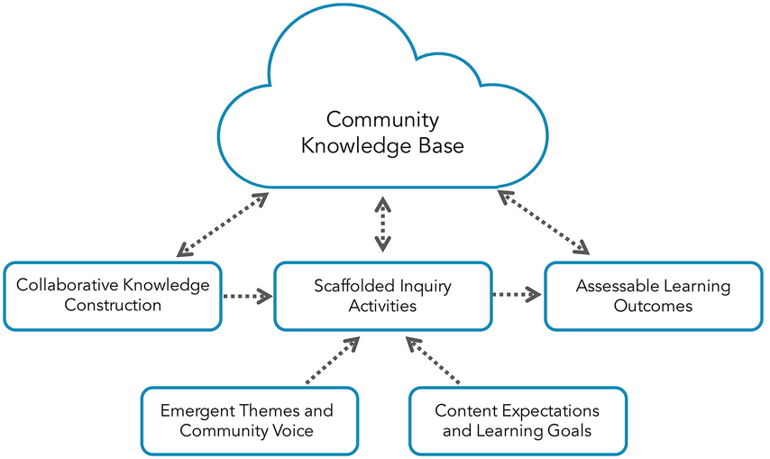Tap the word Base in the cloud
442,146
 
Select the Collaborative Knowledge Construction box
113,296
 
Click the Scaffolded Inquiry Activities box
383,296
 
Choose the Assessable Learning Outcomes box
654,296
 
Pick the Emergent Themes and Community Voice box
250,421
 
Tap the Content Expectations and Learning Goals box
518,421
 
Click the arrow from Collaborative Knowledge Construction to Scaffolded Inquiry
247,296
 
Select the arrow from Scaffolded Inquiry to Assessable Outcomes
517,295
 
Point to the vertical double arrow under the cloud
383,224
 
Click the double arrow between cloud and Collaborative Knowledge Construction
223,225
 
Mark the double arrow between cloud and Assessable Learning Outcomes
543,223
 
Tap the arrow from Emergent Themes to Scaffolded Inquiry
333,360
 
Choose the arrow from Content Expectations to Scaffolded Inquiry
433,360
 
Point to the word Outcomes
653,306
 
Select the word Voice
292,430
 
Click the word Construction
113,305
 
